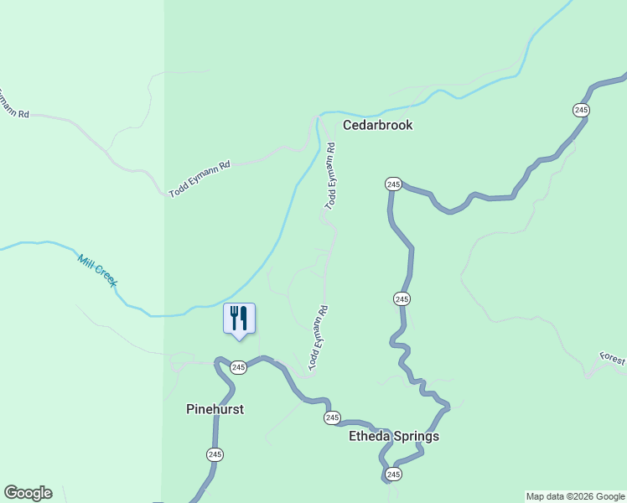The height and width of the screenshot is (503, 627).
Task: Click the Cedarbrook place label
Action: pos(377,125)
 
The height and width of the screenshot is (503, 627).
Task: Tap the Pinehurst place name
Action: pos(214,410)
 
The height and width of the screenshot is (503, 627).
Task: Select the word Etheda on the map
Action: pos(370,437)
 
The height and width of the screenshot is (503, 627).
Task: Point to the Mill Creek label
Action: pos(97,271)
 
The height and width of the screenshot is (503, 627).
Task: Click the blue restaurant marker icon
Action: pos(239,319)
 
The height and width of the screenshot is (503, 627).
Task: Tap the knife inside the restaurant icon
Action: pos(244,318)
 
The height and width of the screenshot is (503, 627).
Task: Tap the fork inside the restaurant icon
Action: pos(234,318)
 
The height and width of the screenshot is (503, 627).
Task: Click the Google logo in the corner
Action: pos(28,493)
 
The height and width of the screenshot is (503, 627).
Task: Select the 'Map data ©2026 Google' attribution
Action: pos(575,496)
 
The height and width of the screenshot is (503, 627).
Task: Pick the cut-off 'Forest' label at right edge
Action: pos(613,359)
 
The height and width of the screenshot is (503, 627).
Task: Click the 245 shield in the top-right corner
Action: pos(582,110)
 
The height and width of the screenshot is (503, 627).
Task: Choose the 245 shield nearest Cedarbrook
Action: pos(393,184)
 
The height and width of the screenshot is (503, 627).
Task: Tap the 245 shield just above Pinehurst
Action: pos(239,366)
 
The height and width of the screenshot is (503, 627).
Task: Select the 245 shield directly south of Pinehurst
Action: pos(214,454)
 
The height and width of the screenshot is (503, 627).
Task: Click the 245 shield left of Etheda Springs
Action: pos(332,417)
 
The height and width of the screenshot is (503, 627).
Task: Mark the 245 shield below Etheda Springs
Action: pos(393,474)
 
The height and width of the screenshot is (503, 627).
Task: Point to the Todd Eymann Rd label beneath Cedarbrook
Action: pos(331,176)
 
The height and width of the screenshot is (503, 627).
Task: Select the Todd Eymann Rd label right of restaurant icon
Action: pos(318,338)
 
